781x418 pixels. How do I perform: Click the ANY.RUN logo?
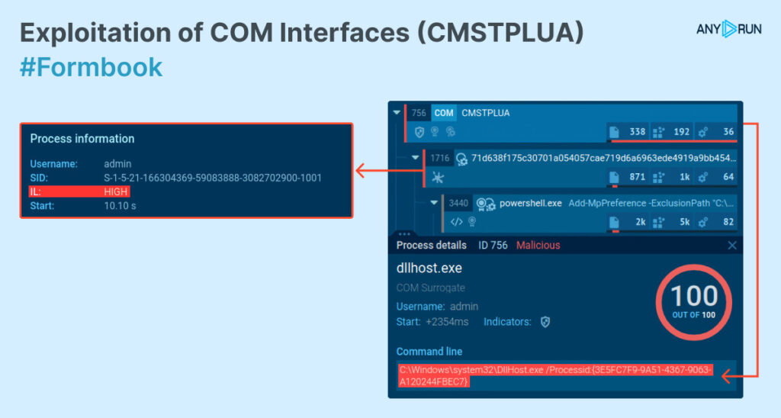tap(728, 29)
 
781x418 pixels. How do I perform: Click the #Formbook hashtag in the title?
tap(91, 67)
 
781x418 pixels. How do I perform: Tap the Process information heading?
tap(82, 139)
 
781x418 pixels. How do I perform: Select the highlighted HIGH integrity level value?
tap(116, 191)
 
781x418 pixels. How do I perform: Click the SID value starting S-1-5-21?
tap(213, 178)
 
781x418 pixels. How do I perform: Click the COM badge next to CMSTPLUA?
tap(444, 113)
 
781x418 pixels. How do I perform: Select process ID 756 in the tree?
tap(419, 113)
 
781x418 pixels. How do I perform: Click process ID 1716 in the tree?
tap(439, 159)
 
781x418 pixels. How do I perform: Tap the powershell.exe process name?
tap(530, 204)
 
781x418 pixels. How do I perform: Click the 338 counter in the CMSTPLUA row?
tap(637, 132)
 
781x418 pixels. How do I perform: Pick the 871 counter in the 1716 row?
tap(637, 177)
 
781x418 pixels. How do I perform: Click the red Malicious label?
tap(538, 246)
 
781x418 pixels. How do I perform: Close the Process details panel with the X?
tap(732, 246)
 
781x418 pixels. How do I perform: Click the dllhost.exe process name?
tap(429, 268)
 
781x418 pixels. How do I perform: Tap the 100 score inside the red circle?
tap(694, 296)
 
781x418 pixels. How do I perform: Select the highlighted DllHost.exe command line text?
tap(554, 376)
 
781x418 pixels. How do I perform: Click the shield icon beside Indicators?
tap(545, 322)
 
